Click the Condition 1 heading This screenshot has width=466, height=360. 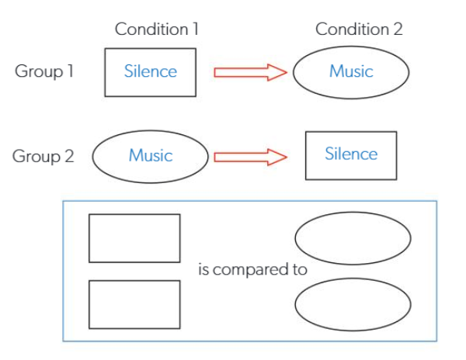point(157,29)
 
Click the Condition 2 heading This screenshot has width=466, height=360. point(359,29)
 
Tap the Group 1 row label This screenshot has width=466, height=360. point(44,71)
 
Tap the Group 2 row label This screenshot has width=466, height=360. point(43,156)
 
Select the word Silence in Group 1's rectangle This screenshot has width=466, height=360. point(151,71)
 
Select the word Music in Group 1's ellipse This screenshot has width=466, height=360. point(351,71)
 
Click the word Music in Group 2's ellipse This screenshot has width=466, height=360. point(151,155)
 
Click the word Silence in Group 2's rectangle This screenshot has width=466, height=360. point(351,154)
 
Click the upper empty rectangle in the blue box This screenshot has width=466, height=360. point(134,214)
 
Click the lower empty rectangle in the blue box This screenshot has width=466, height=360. point(134,281)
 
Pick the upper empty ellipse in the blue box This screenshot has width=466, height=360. point(353,213)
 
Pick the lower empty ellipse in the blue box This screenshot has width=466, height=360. point(353,279)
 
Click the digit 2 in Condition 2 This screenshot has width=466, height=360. point(398,29)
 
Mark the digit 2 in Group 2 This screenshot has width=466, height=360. point(69,155)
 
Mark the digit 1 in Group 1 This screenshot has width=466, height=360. point(70,71)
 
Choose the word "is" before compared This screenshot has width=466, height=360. point(203,269)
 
